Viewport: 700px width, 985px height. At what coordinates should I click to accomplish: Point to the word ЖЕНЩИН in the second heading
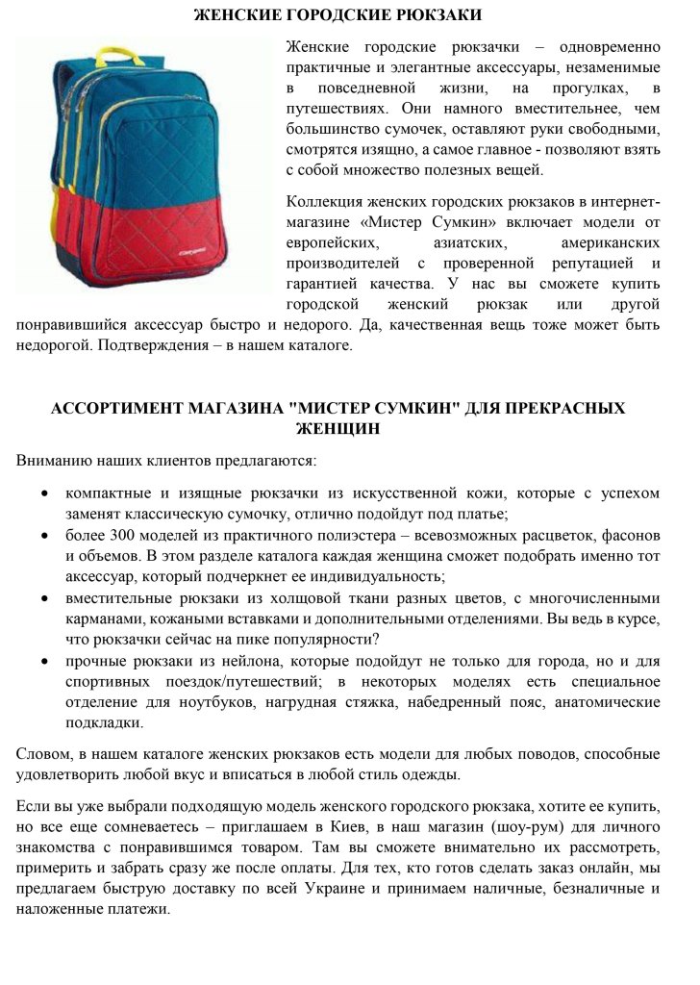[x=337, y=428]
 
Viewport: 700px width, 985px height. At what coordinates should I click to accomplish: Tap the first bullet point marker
[x=45, y=493]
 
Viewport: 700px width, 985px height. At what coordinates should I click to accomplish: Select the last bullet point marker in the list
[x=45, y=663]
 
